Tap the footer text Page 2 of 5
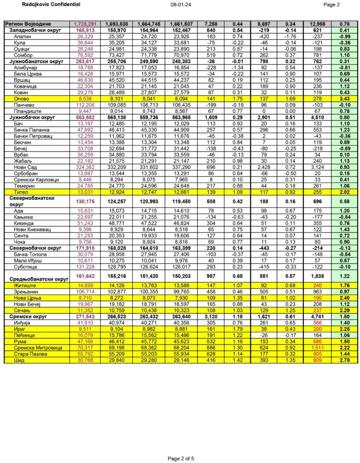181,458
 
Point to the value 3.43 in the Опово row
346,98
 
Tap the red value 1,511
317,348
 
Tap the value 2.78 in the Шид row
346,360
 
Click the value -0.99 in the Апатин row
346,36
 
